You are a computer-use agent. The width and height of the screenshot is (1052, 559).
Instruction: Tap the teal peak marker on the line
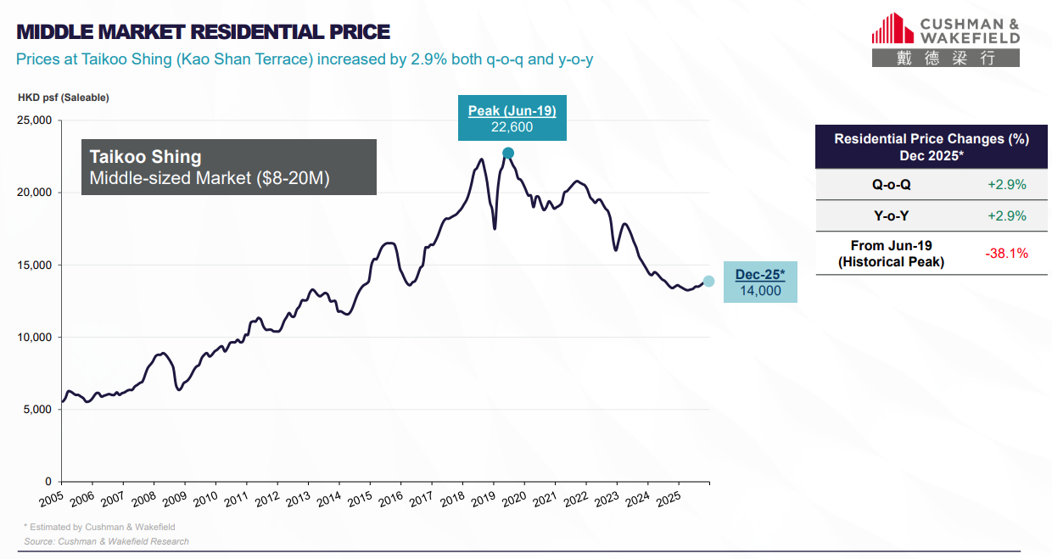(508, 153)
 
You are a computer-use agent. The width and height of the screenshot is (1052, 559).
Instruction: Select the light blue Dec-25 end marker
(708, 281)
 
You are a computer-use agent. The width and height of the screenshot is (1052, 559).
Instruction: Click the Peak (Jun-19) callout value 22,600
(512, 127)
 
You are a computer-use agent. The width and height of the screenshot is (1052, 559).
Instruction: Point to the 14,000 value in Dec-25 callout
(759, 290)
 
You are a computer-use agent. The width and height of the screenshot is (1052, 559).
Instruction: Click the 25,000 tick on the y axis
(35, 120)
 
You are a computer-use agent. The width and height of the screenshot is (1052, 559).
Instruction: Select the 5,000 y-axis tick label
(38, 409)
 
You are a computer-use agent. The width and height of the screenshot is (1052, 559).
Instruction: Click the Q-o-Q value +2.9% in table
(1006, 184)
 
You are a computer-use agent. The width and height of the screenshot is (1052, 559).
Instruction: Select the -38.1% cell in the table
(1006, 253)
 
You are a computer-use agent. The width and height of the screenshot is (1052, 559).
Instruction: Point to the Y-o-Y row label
(891, 215)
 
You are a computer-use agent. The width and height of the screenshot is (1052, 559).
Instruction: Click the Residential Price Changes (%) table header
(931, 148)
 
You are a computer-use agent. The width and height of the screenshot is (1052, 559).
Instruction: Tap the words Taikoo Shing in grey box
(146, 157)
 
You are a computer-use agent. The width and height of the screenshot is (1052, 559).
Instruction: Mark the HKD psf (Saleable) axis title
(64, 98)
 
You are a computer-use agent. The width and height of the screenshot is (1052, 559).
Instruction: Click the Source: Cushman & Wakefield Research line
(106, 541)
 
